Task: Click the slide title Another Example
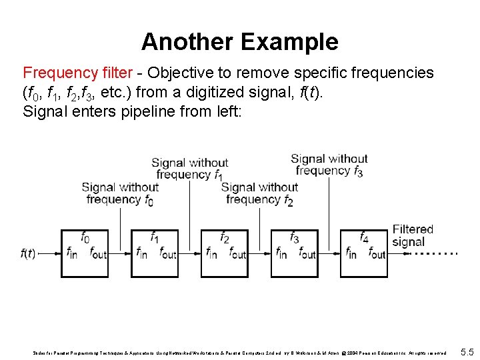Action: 239,42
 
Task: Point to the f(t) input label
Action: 28,253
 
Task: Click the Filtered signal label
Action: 413,235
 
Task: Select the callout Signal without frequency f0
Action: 121,193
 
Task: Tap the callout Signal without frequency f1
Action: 190,169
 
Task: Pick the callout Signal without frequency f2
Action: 259,193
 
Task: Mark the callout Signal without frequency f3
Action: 329,165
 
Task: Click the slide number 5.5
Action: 467,351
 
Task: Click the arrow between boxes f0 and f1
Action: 120,254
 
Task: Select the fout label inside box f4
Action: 377,253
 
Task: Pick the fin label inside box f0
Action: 73,253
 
